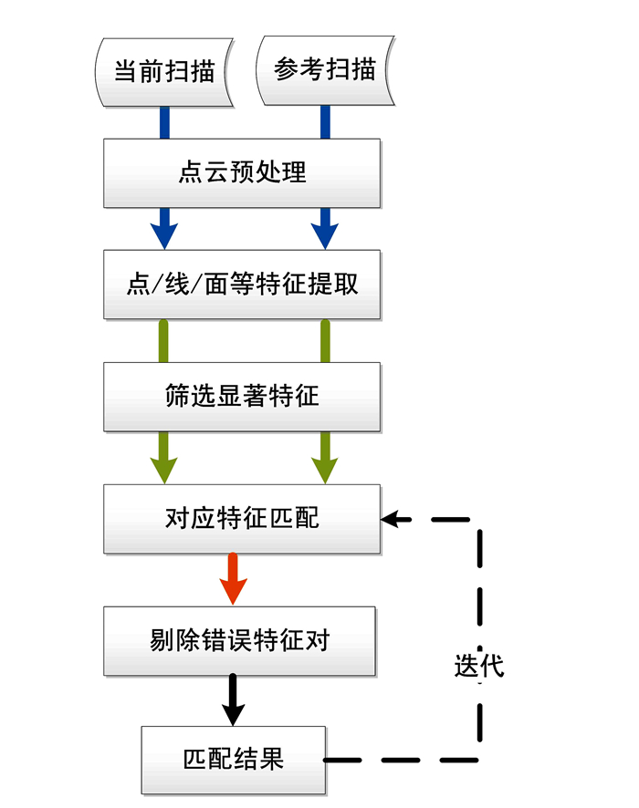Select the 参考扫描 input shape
[325, 70]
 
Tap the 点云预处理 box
[242, 172]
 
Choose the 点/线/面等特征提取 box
[242, 285]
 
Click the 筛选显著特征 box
[242, 397]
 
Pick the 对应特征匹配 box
[242, 519]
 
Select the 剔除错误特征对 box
[239, 641]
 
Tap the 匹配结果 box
[234, 759]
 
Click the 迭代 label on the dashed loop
[478, 666]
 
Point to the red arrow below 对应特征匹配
[234, 580]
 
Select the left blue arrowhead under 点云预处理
[164, 232]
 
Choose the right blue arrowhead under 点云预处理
[325, 232]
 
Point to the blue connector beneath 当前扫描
[164, 123]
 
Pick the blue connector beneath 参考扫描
[325, 123]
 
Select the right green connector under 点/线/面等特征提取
[325, 341]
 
